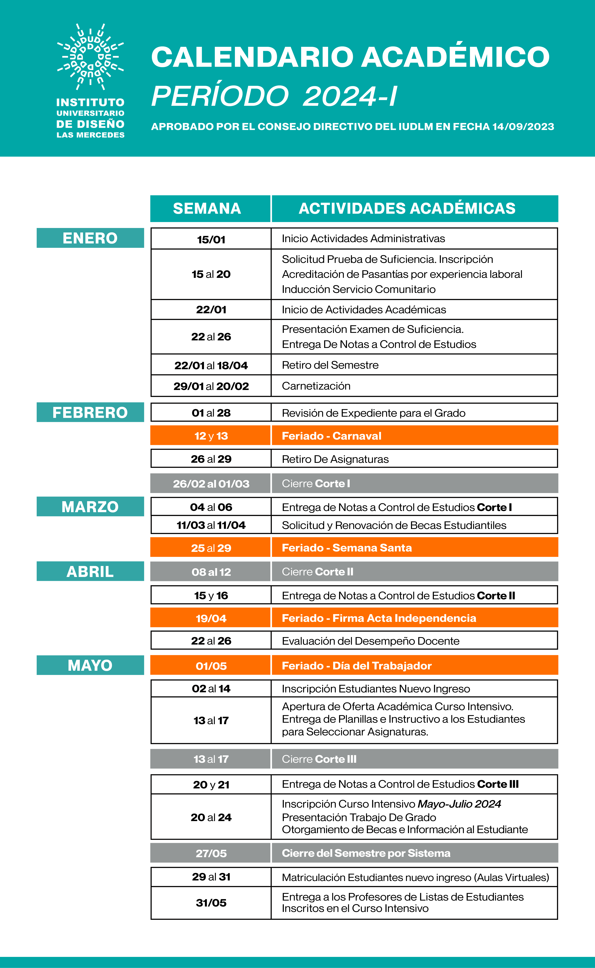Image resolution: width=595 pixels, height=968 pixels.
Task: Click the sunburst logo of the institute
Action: (91, 56)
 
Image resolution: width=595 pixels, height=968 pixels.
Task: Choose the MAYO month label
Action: (90, 665)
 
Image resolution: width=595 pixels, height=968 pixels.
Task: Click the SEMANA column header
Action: (207, 208)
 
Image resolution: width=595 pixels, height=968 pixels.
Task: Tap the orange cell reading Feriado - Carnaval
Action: (414, 436)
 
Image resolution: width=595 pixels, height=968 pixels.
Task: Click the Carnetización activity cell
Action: (414, 386)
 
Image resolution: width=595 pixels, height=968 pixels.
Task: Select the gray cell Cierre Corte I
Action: (414, 483)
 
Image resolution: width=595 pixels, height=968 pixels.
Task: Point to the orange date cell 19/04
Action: (211, 618)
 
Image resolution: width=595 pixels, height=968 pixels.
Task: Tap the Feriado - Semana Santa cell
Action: (414, 548)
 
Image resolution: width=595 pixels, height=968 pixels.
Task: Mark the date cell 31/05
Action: (211, 903)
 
